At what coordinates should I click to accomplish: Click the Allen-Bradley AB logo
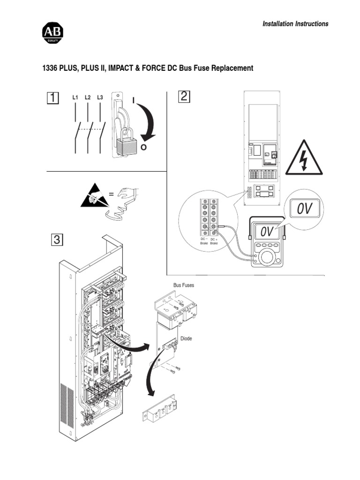(53, 34)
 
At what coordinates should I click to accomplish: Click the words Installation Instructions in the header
(295, 24)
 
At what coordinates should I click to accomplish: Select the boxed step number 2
(183, 97)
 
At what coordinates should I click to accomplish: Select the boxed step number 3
(56, 240)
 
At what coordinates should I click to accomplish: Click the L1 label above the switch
(75, 97)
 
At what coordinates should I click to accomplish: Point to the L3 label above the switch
(100, 97)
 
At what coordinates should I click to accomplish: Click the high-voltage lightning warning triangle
(304, 158)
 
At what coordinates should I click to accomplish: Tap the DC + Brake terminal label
(214, 241)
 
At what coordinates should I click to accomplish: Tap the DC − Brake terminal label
(203, 241)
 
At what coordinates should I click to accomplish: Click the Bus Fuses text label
(184, 285)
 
